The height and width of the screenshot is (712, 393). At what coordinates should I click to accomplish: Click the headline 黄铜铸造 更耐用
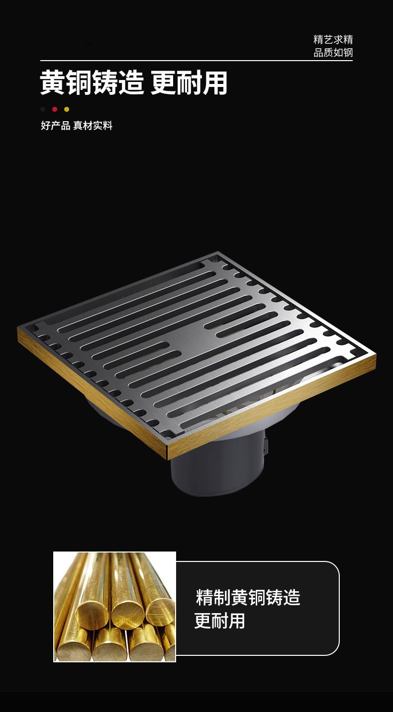[x=134, y=82]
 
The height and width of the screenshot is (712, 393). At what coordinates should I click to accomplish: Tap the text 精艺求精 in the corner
[x=333, y=40]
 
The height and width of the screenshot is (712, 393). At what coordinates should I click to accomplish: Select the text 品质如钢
[x=333, y=53]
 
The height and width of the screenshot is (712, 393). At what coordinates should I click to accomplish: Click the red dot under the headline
[x=55, y=109]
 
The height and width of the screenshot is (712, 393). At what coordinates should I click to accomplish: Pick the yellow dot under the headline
[x=67, y=109]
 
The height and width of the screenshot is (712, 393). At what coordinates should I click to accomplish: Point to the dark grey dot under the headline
[x=43, y=109]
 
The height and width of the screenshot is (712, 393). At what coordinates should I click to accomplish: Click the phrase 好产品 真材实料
[x=77, y=126]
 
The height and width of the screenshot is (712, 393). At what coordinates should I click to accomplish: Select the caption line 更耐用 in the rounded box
[x=219, y=621]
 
